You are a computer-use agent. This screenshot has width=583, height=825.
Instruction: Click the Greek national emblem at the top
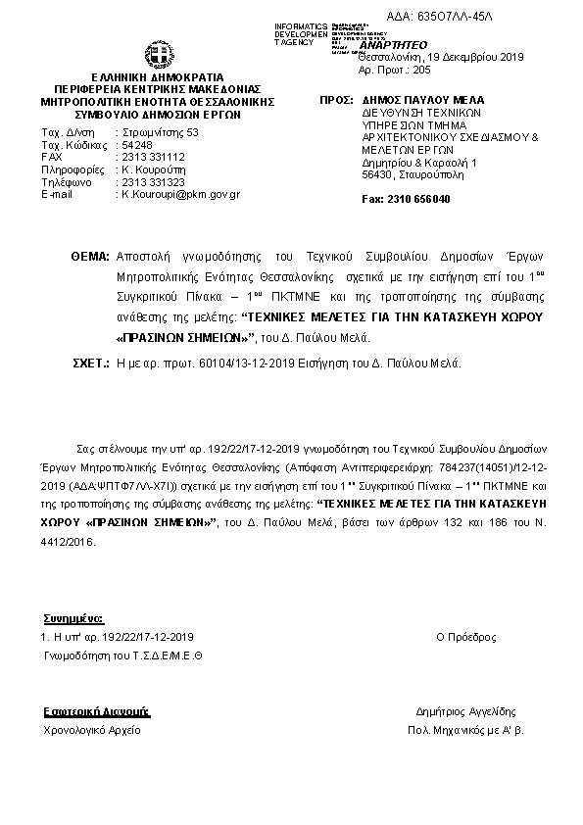[158, 55]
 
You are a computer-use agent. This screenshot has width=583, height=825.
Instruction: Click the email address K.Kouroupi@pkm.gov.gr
[180, 194]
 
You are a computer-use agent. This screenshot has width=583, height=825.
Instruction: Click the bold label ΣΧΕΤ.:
[90, 363]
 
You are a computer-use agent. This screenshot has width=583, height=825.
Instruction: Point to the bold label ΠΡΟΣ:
[336, 101]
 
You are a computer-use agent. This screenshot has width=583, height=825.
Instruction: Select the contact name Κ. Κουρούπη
[150, 170]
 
